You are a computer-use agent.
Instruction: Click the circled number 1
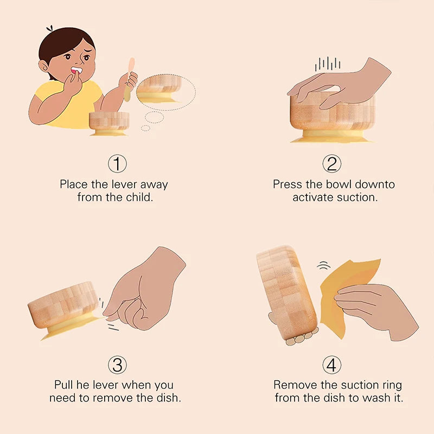click(x=117, y=164)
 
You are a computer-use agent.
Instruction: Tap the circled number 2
click(x=332, y=164)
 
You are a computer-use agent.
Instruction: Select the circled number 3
click(x=117, y=365)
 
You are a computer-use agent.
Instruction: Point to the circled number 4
click(x=332, y=365)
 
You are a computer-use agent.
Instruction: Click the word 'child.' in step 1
click(x=139, y=197)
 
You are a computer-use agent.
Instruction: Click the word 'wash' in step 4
click(x=374, y=398)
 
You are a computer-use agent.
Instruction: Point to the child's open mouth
click(x=76, y=70)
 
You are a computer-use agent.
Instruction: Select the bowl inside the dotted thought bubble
click(x=159, y=89)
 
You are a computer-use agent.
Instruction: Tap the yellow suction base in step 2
click(x=331, y=137)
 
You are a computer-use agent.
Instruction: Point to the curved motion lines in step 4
click(x=323, y=266)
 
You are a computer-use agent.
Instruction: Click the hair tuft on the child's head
click(x=49, y=28)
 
